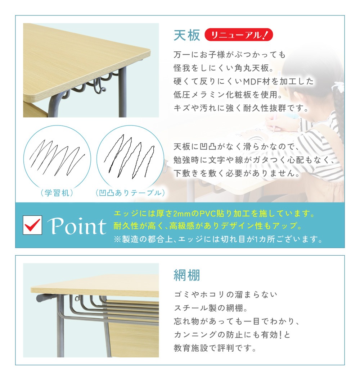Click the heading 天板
186,35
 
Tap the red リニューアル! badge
239,35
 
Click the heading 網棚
186,275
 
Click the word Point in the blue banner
77,226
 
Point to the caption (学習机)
57,193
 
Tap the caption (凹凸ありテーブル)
130,193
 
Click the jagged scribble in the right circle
129,156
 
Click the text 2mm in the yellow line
181,214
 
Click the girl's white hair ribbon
338,86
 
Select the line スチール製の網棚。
211,308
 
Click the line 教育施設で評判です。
215,348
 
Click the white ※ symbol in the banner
117,239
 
